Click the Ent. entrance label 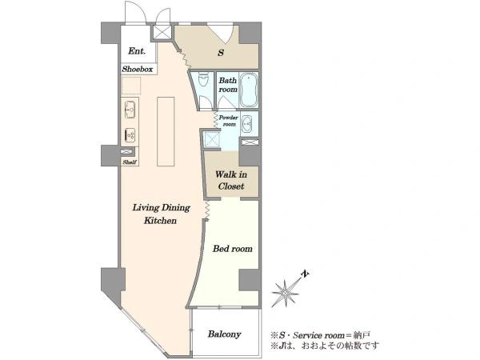(137, 51)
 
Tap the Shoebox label (138, 69)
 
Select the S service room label (221, 53)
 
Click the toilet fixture (203, 79)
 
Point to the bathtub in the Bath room (248, 90)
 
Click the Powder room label (228, 121)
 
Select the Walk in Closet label (231, 180)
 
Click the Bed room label (233, 249)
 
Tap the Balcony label (224, 334)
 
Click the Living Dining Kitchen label (161, 214)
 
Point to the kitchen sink (130, 110)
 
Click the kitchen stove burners (130, 134)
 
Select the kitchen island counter (166, 131)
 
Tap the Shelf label (130, 162)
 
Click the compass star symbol (286, 293)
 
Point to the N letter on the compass (305, 274)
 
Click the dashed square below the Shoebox (131, 86)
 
